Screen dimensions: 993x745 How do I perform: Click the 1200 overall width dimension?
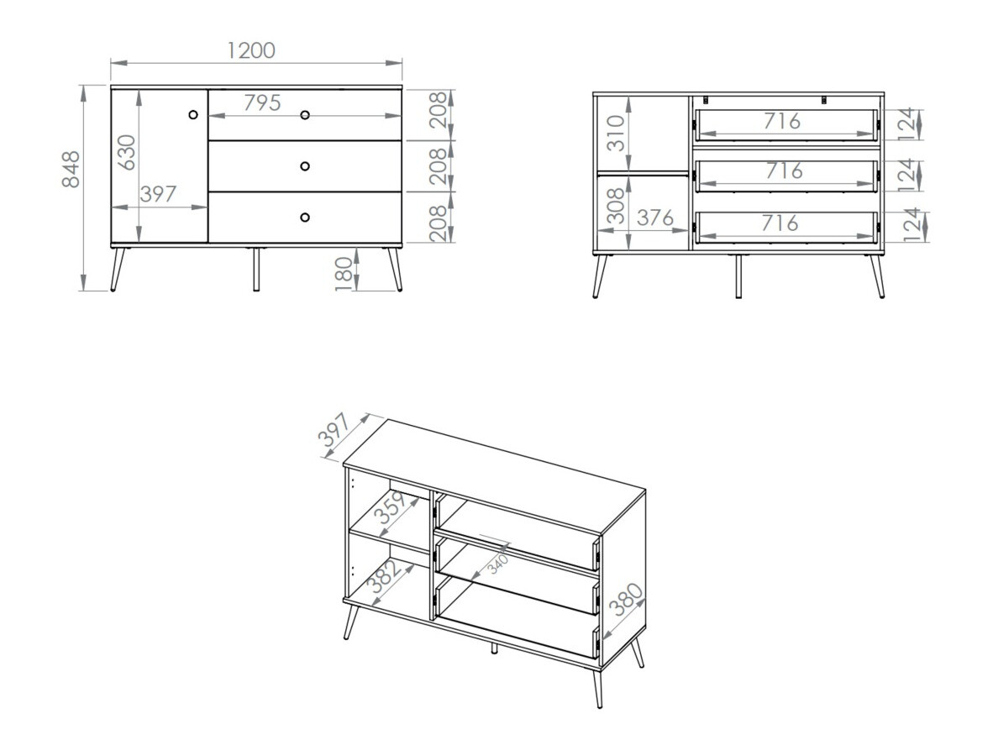251,50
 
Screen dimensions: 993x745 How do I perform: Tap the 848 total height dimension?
71,169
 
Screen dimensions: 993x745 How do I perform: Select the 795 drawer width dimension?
262,102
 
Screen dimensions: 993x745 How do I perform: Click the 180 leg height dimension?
343,274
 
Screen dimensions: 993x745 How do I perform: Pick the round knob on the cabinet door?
193,114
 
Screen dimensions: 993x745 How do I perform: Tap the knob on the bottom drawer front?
305,217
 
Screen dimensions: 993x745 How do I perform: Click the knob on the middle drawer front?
305,166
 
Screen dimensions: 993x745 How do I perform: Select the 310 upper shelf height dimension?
616,133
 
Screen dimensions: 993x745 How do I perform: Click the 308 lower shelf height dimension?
616,206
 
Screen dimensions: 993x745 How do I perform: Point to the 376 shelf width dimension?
654,218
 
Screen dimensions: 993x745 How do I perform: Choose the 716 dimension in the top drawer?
782,120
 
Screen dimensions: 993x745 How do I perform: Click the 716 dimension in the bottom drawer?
780,223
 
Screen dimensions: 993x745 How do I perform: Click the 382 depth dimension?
386,577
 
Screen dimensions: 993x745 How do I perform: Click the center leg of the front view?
256,269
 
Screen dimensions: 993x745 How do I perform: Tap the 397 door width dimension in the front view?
158,194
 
